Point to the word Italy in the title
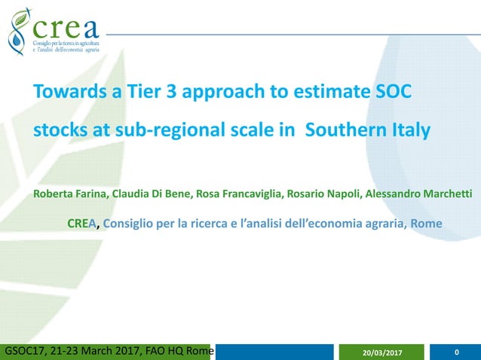pos(410,130)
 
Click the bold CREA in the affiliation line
pos(82,224)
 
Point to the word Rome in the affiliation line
pos(427,224)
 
